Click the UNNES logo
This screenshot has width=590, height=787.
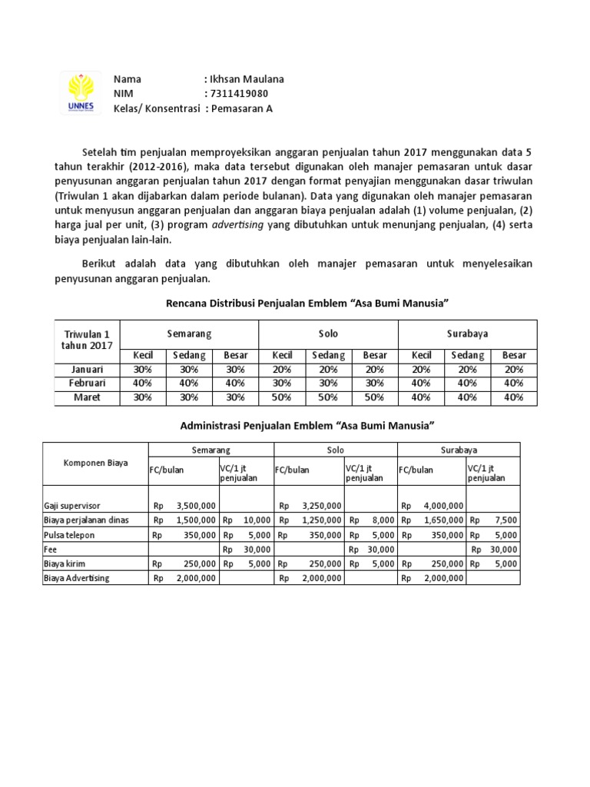81,93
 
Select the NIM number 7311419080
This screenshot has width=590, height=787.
240,94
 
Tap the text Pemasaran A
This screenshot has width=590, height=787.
242,108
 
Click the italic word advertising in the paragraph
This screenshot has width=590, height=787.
242,224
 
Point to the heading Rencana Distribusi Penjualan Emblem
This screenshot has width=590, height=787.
307,304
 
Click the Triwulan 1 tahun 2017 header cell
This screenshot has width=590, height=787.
87,340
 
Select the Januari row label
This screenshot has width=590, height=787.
87,369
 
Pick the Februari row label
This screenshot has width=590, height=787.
87,383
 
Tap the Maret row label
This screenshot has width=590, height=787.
87,397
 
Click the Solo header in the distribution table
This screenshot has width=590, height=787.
328,334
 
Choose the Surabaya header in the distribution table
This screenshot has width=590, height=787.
467,334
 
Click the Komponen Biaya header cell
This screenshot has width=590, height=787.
95,463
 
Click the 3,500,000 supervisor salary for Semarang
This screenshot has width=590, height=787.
195,506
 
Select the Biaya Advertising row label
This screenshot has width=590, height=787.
77,578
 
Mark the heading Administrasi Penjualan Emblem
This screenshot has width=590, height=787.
307,425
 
